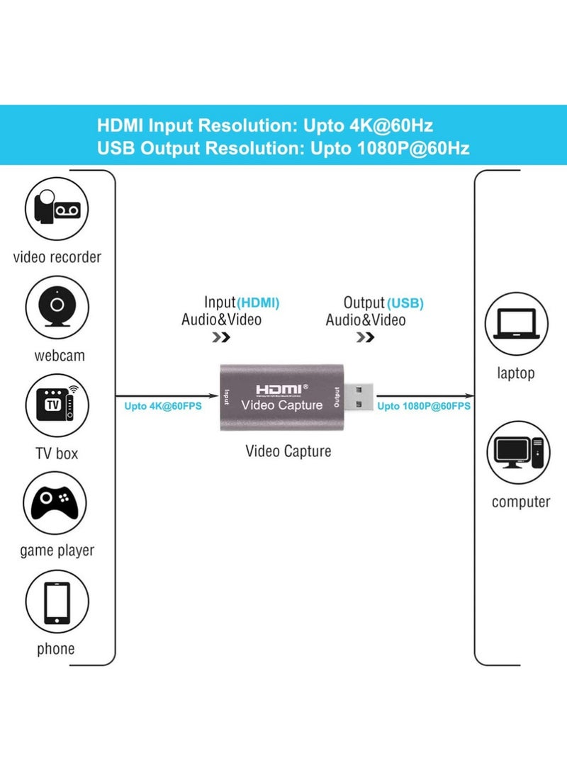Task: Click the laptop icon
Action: pos(516,325)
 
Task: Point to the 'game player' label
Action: pos(57,551)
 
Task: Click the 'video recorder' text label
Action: pos(57,256)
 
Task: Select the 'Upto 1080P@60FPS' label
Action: pos(424,407)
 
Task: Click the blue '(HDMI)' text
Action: pos(258,303)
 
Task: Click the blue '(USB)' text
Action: pos(405,303)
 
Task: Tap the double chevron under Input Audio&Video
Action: pos(221,337)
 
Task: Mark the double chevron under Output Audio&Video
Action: pos(365,337)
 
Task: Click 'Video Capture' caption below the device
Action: pos(288,451)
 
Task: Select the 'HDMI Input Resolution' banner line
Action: pos(265,126)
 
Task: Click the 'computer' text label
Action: pos(520,502)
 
